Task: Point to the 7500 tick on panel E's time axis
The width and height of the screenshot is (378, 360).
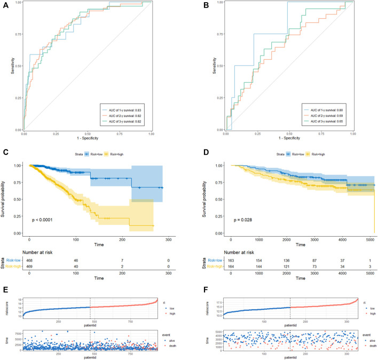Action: pos(17,320)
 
